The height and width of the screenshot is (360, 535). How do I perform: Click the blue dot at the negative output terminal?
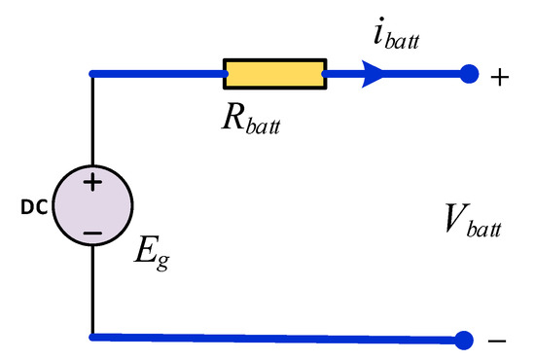(x=465, y=339)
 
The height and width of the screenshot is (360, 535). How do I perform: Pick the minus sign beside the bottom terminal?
(x=496, y=341)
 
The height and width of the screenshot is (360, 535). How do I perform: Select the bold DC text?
(x=33, y=208)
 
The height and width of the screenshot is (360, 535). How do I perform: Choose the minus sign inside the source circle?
(x=92, y=233)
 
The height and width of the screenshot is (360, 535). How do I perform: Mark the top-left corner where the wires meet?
(x=92, y=74)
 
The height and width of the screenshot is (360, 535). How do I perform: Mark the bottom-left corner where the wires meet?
(x=92, y=338)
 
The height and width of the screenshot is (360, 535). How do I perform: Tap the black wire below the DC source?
(x=92, y=292)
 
